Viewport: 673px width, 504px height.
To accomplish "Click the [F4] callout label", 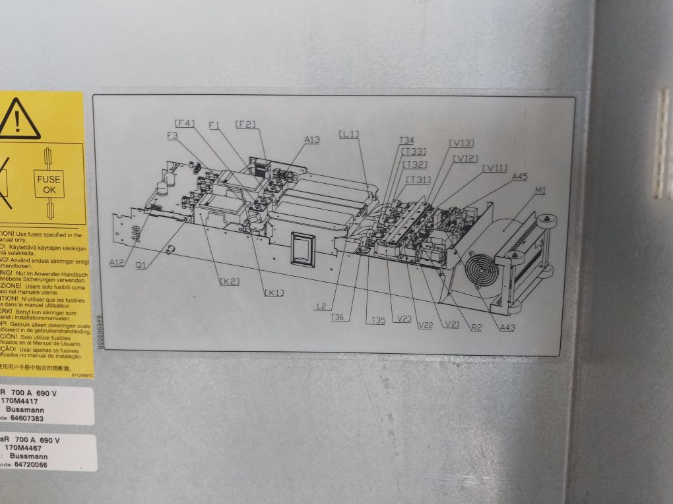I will pyautogui.click(x=185, y=123).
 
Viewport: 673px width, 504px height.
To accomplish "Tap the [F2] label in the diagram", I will pyautogui.click(x=245, y=124).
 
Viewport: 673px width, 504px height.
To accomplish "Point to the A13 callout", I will pyautogui.click(x=312, y=139).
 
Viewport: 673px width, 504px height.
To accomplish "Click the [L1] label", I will pyautogui.click(x=349, y=134).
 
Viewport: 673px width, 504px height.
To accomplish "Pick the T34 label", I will pyautogui.click(x=406, y=140).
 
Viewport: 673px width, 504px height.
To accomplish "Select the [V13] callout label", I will pyautogui.click(x=461, y=143).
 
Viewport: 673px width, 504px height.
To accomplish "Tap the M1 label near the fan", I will pyautogui.click(x=540, y=190).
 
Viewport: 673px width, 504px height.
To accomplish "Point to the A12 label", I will pyautogui.click(x=117, y=262).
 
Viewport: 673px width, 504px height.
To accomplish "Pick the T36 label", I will pyautogui.click(x=337, y=318).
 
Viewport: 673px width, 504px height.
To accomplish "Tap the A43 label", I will pyautogui.click(x=507, y=327).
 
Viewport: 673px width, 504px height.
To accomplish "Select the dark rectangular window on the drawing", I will pyautogui.click(x=303, y=250).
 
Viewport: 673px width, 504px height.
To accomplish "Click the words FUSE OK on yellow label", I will pyautogui.click(x=48, y=184).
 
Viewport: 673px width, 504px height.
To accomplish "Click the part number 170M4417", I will pyautogui.click(x=20, y=400).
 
